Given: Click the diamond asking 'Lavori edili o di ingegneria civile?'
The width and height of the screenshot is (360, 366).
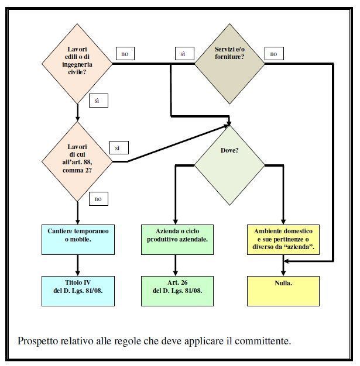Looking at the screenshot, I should tap(77, 63).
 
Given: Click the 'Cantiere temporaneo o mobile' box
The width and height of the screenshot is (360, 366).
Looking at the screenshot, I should tap(78, 239).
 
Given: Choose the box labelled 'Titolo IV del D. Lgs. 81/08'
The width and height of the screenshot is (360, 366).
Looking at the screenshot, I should tap(78, 290).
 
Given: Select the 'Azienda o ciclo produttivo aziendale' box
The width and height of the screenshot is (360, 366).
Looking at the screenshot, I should tap(177, 239).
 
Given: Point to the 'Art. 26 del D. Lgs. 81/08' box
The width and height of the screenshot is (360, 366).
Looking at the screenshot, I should tap(177, 290).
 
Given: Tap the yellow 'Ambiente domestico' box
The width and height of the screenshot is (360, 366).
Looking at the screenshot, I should tap(283, 239).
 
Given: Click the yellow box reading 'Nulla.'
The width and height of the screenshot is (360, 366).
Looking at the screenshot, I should tap(283, 290).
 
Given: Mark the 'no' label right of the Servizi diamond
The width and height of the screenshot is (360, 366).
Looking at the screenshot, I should tap(273, 54).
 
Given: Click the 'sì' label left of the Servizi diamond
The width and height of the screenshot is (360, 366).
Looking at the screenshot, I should tap(183, 54).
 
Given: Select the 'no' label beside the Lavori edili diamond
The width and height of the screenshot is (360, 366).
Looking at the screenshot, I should tap(125, 54).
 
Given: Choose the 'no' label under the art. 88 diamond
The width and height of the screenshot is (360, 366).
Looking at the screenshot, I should tap(98, 199).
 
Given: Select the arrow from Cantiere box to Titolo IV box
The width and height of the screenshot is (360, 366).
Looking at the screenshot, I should tap(78, 265).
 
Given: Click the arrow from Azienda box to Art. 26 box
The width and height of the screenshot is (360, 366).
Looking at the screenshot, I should tap(177, 265).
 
